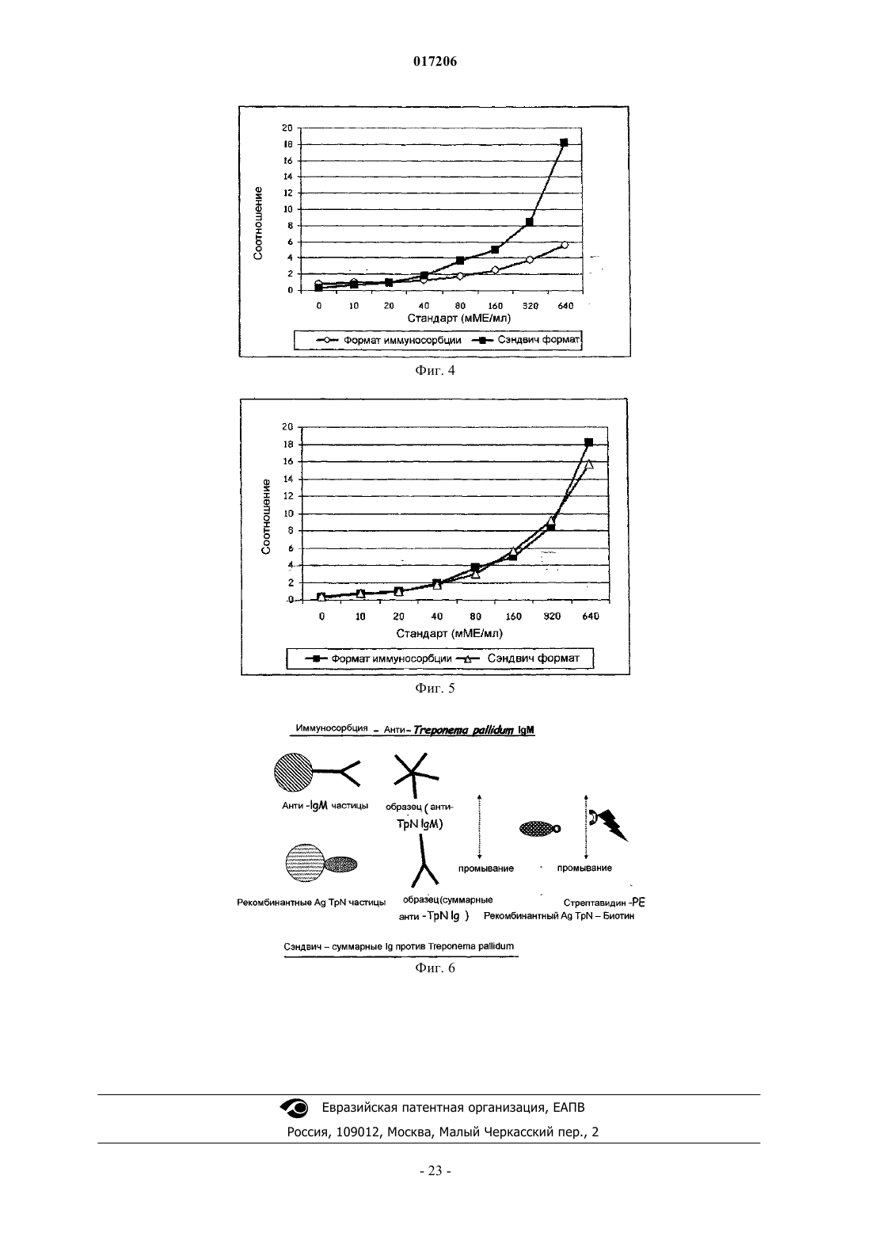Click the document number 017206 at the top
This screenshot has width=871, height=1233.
point(435,61)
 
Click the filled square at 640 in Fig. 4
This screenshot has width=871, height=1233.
point(564,143)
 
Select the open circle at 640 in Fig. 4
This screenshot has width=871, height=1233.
point(564,245)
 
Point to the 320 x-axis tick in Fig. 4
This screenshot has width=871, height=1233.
point(530,306)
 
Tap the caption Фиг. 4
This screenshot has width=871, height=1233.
point(435,370)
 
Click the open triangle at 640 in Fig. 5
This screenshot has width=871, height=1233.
point(589,464)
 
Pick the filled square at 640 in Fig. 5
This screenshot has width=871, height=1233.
point(588,442)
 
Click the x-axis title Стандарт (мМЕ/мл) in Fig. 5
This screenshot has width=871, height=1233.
point(449,633)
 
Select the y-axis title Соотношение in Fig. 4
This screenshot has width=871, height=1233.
point(257,223)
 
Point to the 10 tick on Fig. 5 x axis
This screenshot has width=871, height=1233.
point(360,616)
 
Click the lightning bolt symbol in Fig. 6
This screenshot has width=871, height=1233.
point(614,824)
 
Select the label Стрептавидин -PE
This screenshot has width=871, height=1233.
point(604,903)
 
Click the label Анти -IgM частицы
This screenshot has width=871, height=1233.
point(325,806)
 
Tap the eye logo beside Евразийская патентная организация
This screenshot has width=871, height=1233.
point(295,1108)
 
